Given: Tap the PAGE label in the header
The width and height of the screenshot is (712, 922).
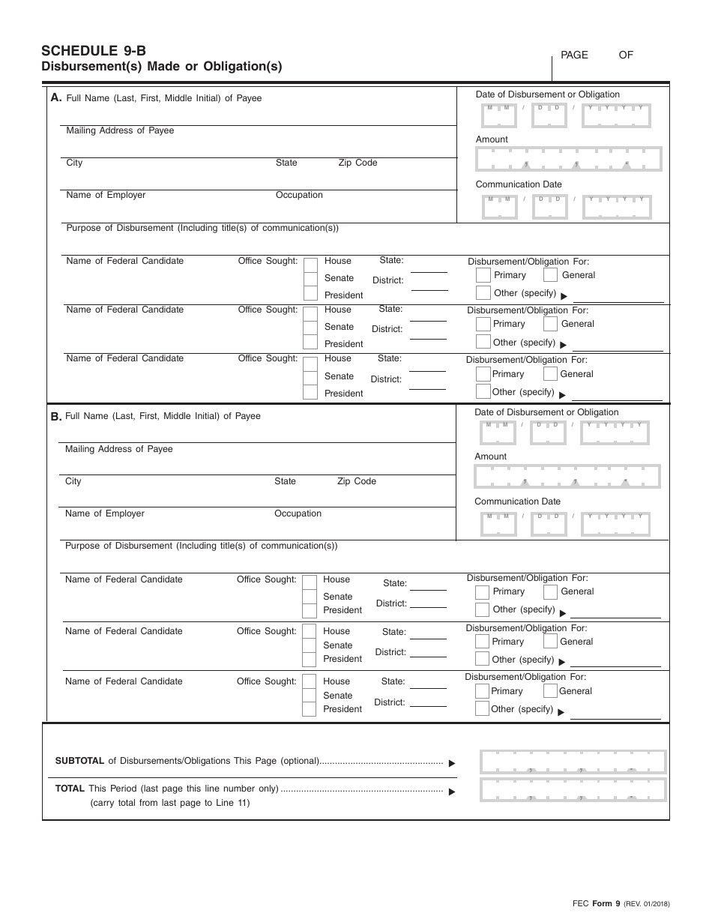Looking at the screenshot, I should point(574,55).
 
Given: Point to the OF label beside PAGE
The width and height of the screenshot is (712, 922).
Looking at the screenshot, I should point(626,55).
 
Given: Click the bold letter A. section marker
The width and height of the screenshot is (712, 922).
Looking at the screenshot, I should point(55,97).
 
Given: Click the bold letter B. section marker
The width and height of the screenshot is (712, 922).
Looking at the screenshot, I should point(55,416).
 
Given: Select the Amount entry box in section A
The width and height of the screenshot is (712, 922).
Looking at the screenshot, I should point(568,159).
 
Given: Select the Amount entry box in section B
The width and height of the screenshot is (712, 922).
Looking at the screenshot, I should point(567,477).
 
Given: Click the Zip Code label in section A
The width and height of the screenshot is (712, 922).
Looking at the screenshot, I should point(357,163).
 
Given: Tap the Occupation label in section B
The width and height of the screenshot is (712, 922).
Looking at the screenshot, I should point(298,513).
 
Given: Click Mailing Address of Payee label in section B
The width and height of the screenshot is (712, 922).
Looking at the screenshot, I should point(118,449).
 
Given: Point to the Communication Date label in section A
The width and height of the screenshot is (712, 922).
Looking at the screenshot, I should point(518,184).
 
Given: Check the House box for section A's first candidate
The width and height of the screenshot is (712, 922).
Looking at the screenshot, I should point(310,262).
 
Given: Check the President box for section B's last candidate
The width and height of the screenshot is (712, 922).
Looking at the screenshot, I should point(309,709).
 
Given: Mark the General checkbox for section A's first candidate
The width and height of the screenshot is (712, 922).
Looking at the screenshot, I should point(550,275).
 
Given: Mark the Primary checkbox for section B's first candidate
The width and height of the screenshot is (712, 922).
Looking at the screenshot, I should point(482,592).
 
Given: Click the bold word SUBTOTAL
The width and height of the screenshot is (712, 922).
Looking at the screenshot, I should point(79,761).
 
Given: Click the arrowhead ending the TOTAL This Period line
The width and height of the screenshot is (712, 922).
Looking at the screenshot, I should point(452,791).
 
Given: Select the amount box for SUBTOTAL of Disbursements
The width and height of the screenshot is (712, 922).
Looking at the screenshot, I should point(573,762).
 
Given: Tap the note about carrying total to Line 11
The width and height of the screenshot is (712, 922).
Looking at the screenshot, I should point(170,803).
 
